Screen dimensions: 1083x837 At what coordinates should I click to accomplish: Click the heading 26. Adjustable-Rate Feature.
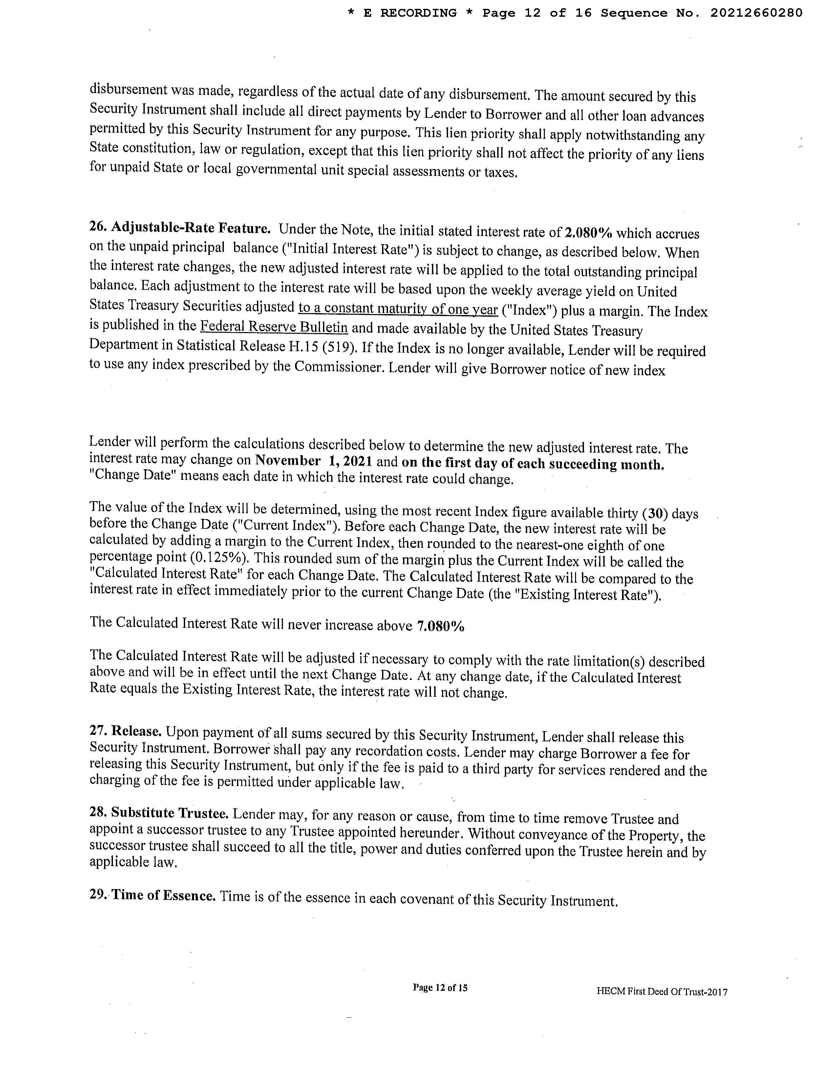click(x=180, y=228)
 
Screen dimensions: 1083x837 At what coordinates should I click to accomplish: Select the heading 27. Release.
click(x=126, y=731)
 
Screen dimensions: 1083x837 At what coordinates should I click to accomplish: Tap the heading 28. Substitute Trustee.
click(x=159, y=813)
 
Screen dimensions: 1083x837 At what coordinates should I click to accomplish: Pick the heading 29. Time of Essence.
click(x=153, y=895)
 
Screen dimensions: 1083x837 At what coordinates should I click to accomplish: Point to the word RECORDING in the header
click(x=418, y=13)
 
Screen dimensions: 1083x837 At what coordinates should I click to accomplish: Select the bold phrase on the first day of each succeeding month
click(x=532, y=464)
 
